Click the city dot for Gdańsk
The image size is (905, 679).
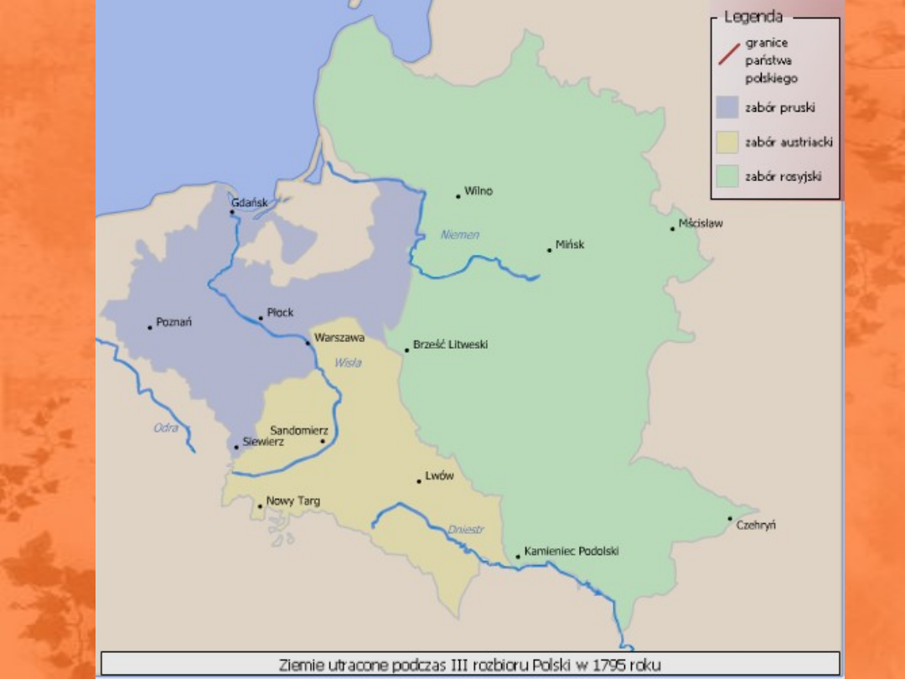point(232,212)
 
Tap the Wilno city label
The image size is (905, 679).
point(478,191)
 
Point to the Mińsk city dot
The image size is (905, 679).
point(549,250)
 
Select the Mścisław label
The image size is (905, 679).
point(701,224)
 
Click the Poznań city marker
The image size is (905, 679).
point(150,327)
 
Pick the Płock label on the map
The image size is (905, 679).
point(280,313)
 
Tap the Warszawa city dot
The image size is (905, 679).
point(308,343)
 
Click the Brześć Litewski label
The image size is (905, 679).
point(450,345)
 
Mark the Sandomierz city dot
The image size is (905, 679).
point(323,442)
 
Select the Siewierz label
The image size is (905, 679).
point(263,441)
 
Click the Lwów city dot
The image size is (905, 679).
point(419,481)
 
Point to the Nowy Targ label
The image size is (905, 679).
point(292,501)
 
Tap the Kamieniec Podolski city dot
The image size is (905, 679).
point(518,557)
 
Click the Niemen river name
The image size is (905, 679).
point(460,235)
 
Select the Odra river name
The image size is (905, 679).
point(166,428)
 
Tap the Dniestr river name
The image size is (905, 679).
point(466,529)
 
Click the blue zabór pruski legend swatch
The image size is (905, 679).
point(727,107)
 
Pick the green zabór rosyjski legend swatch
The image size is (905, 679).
point(727,176)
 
